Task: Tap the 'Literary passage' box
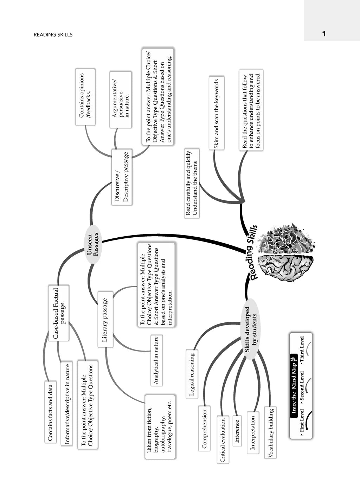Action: coord(105,320)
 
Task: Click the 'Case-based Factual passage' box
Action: coord(58,313)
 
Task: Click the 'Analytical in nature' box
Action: coord(156,360)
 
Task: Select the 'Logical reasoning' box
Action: coord(192,374)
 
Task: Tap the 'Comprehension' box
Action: coord(204,429)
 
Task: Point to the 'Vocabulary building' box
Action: coord(270,433)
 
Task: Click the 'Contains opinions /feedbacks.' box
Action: coord(85,97)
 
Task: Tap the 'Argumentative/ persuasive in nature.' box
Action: coord(121,100)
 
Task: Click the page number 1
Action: coord(324,34)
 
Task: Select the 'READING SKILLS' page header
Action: coord(53,34)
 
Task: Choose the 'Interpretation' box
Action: coord(253,433)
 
